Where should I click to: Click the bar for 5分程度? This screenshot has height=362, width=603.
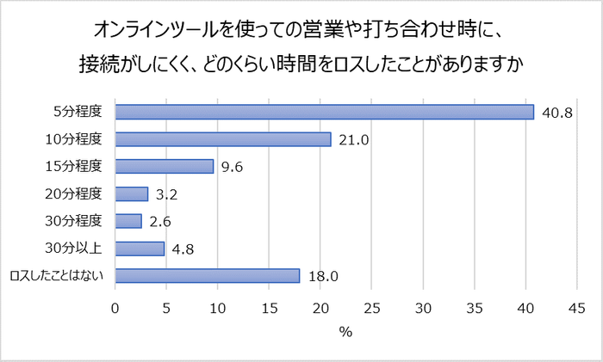coord(324,112)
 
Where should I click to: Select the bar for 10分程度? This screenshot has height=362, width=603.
coord(222,139)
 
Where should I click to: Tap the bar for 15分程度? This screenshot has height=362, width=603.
coord(164,167)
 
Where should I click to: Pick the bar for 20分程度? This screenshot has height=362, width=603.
coord(131,193)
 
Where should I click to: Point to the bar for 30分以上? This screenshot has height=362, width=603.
coord(139,248)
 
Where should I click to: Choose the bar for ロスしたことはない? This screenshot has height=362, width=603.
coord(207,276)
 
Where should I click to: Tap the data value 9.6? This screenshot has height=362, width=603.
coord(232,167)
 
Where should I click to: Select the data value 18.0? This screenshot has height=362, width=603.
coord(322,276)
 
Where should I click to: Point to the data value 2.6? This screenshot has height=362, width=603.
coord(159,221)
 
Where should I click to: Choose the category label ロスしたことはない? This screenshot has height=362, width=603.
coord(56,276)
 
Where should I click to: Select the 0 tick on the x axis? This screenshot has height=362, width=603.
coord(115,307)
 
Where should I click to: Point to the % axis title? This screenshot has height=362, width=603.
coord(346,332)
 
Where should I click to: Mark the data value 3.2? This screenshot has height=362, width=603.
coord(166,193)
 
